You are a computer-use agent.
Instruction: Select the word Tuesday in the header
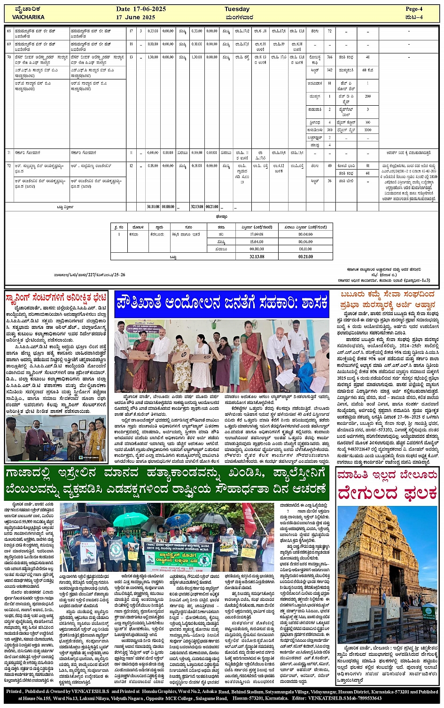pos(237,9)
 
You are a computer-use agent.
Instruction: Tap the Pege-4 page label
pos(414,9)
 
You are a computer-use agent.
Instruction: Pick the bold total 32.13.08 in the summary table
pos(257,257)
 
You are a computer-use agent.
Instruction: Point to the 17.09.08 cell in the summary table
pos(257,234)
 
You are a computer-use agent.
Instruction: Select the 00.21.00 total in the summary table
pos(305,257)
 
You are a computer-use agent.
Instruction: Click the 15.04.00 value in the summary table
pos(257,241)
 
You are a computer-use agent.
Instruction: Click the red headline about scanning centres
pos(56,297)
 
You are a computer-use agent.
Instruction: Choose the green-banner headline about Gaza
pos(167,482)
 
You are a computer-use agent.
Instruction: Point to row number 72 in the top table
pos(8,165)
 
